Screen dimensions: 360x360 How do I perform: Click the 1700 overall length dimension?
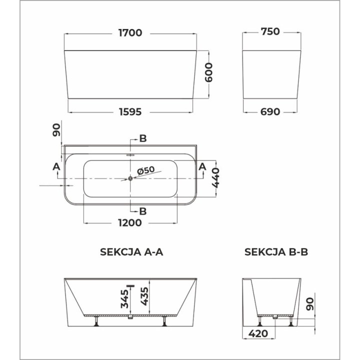point(130,33)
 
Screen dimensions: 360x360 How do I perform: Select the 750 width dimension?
point(270,32)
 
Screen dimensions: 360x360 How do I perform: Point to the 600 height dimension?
point(208,72)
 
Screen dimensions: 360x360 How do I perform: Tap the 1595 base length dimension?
point(130,112)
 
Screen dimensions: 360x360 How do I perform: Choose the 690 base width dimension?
point(270,112)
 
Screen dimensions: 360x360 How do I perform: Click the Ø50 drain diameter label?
point(145,170)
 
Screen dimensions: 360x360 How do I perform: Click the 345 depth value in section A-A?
point(125,298)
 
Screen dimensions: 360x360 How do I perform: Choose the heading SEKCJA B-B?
point(276,252)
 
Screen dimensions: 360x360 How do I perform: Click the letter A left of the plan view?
point(56,166)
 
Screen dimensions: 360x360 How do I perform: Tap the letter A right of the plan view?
point(202,166)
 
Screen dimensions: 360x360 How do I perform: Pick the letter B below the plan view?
point(142,211)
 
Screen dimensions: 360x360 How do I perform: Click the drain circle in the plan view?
point(130,178)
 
